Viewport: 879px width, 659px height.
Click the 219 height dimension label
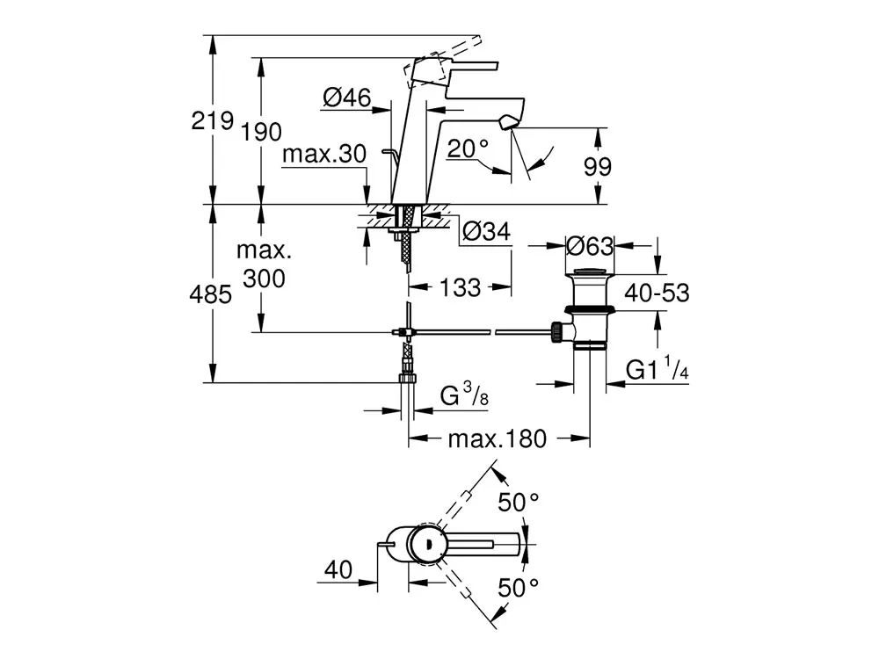212,120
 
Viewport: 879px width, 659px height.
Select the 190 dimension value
261,133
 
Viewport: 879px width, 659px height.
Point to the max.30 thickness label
324,155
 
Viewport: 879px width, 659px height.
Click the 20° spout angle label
468,148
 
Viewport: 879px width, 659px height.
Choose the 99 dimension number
598,167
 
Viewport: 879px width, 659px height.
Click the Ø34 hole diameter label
485,233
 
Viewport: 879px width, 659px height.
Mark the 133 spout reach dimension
461,287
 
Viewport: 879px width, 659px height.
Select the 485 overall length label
212,294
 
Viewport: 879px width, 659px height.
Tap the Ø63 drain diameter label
590,245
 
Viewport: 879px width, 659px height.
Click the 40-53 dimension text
657,293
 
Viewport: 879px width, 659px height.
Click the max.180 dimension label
498,438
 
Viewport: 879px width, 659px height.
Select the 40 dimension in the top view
338,569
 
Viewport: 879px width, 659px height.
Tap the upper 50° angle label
519,503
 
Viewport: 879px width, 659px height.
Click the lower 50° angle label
519,586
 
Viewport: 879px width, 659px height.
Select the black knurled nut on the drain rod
556,332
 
